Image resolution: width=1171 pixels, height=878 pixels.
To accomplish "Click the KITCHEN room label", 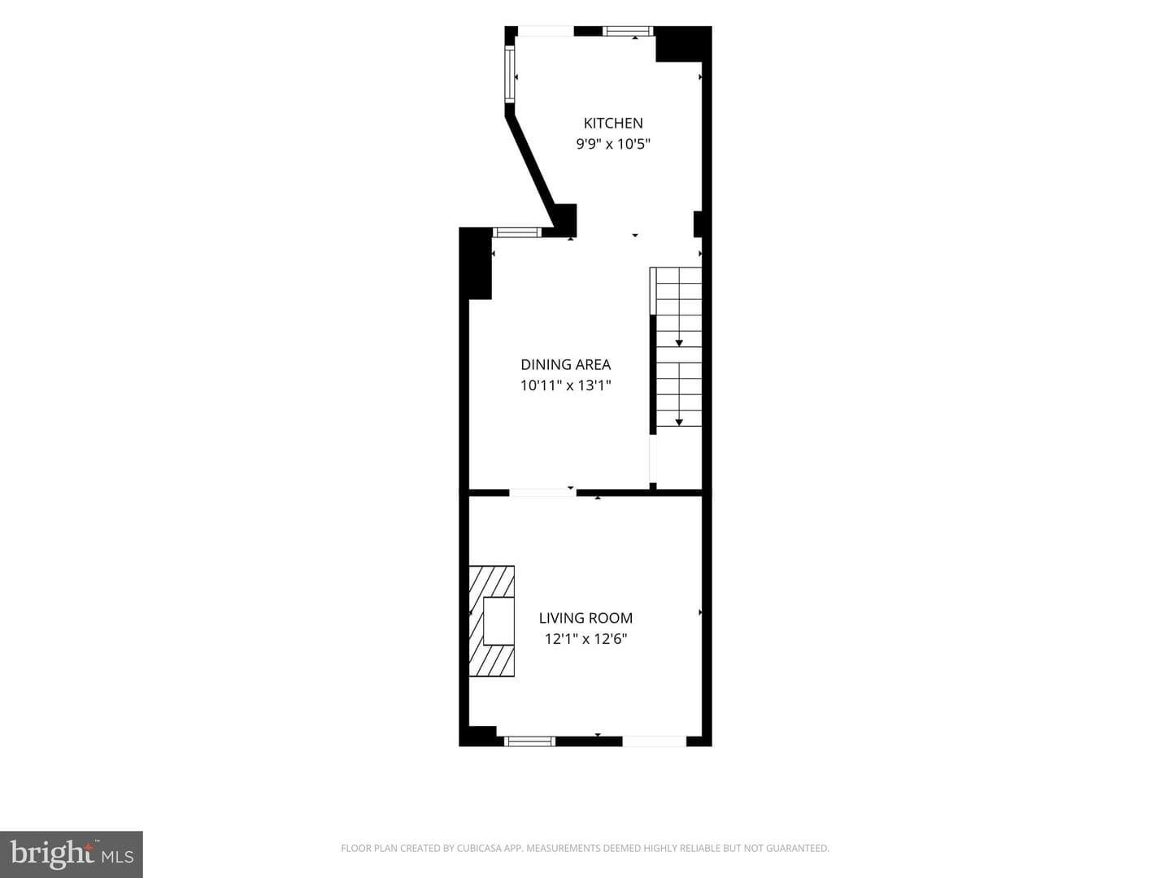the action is coord(613,123).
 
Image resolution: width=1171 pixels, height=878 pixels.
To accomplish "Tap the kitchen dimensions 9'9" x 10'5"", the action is coord(613,144).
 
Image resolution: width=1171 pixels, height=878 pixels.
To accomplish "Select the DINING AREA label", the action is coord(565,365).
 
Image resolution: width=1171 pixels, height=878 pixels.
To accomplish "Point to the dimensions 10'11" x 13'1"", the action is coord(565,385).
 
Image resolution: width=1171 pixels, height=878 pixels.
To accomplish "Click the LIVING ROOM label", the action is coord(585,618).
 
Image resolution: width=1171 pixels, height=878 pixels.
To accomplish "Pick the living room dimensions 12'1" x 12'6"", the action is coord(585,639).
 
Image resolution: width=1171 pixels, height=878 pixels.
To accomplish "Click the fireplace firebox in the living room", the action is coord(498,621).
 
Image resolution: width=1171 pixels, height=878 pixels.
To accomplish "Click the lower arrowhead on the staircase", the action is coord(679,422).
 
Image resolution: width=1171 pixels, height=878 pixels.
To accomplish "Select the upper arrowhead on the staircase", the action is coord(679,343).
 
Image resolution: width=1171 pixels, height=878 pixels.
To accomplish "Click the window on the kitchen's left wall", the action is coord(510,74).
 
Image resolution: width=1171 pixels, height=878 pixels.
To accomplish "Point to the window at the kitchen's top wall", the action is coord(628,31).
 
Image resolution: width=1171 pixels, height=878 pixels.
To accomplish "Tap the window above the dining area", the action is coord(516,233).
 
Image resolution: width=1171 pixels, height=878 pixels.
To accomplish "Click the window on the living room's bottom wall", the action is coord(529,741).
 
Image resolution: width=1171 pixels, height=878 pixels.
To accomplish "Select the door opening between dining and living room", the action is coord(542,493).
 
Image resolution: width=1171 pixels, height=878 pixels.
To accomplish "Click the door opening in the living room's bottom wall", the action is coord(654,741).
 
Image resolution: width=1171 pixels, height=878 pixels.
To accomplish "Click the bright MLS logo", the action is coord(72,854).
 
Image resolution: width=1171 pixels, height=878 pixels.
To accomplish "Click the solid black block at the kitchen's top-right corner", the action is coord(683,44).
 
